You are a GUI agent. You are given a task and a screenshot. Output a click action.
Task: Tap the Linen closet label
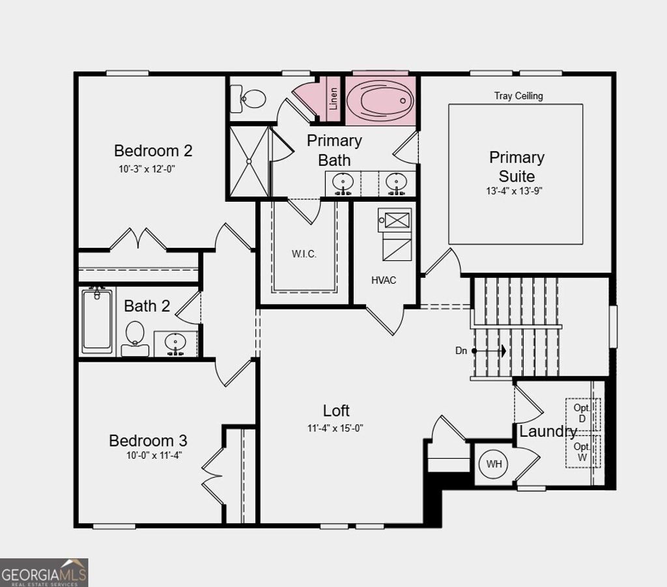tap(333, 98)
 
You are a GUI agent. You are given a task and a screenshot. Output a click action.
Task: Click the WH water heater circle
tap(494, 464)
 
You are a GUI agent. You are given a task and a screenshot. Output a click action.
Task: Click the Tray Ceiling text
tap(518, 96)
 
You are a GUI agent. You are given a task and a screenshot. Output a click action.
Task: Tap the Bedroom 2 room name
tap(153, 151)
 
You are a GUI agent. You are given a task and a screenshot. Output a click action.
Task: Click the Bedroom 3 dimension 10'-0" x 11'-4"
tap(154, 456)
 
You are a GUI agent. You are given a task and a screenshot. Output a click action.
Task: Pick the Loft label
tap(336, 411)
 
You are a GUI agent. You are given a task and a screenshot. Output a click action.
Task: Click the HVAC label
tap(384, 280)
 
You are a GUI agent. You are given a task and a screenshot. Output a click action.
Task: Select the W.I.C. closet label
tap(304, 254)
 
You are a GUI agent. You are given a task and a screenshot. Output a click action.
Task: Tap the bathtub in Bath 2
tap(97, 321)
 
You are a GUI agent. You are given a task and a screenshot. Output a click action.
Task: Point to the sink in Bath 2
tap(175, 342)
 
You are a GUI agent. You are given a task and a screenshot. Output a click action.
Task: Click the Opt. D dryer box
tap(582, 413)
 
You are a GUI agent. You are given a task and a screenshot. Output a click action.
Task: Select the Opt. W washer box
tap(582, 452)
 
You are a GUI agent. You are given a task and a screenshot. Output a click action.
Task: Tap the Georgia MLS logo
tap(44, 573)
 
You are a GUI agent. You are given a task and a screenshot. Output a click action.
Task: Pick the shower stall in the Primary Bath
tap(248, 161)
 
